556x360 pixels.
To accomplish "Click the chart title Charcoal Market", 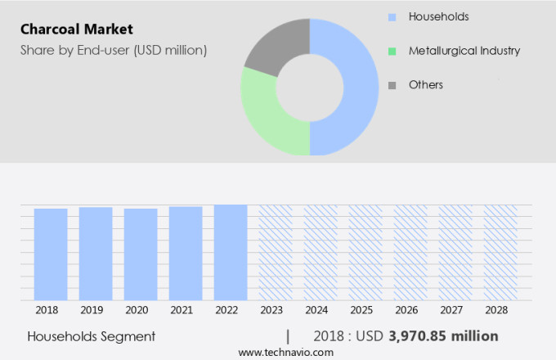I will [78, 30].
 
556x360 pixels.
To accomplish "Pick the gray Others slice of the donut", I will [274, 45].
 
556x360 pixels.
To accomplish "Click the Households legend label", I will [438, 16].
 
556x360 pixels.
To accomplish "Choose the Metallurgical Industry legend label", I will [464, 51].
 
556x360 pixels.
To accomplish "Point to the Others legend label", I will [425, 84].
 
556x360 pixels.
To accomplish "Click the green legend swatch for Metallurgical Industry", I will [392, 51].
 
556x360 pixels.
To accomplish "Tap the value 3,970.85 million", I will [444, 336].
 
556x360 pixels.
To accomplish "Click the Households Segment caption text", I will [91, 336].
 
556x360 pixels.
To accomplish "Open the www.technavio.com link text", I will [285, 352].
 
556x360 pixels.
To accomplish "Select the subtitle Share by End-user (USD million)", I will [114, 50].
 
